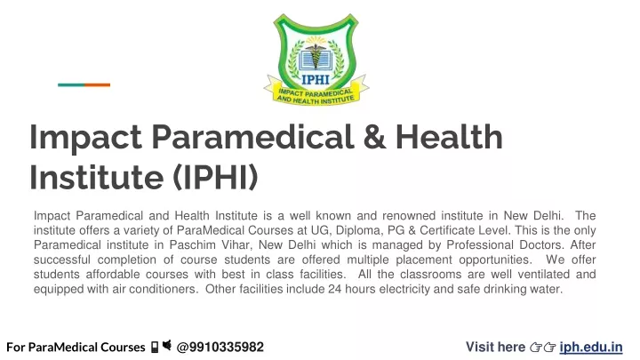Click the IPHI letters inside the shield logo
316,80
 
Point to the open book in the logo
316,60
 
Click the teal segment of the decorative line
71,85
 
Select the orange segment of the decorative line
97,85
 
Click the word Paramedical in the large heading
252,137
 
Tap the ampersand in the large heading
374,137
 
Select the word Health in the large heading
449,137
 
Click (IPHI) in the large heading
215,177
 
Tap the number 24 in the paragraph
335,289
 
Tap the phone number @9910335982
220,347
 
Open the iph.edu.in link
591,347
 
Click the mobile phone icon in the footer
155,347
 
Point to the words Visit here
495,347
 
